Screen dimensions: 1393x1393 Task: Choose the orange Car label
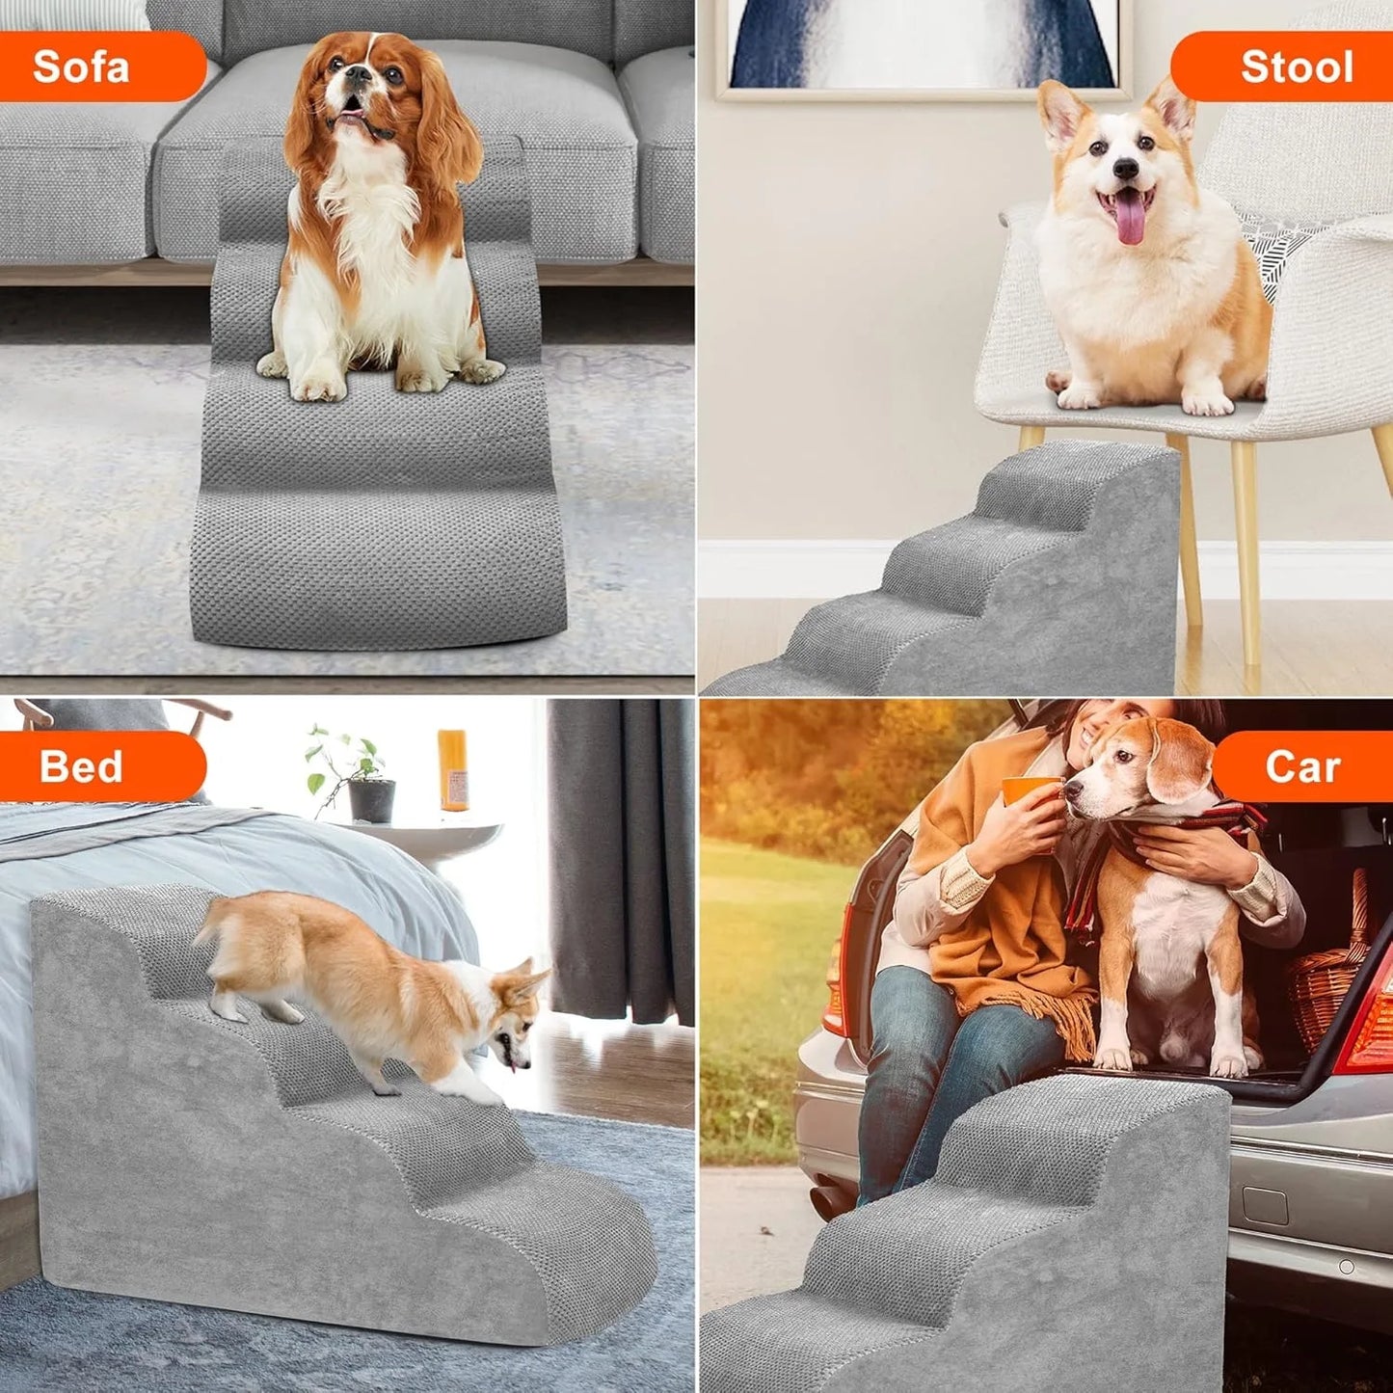point(1301,766)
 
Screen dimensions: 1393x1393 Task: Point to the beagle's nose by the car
point(1073,790)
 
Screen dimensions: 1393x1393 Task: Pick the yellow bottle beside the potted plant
point(452,768)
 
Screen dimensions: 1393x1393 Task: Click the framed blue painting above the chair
point(923,43)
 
